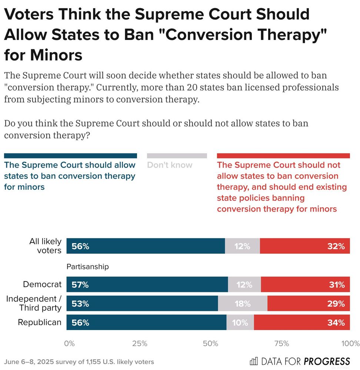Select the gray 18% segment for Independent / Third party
pos(243,304)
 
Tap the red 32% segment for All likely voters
pos(305,246)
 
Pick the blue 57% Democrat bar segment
pos(147,285)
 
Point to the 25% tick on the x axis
pos(140,343)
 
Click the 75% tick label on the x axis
pos(281,343)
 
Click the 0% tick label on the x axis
pos(69,343)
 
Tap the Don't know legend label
pos(170,165)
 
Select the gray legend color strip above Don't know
pos(177,156)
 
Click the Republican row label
pos(40,322)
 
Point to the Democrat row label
pos(42,285)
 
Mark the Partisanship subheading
pos(88,266)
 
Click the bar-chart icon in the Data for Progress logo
pos(254,361)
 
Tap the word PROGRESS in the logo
pos(327,361)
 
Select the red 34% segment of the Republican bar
pos(302,323)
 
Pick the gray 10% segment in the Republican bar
pos(240,323)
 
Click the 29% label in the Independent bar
pos(336,304)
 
